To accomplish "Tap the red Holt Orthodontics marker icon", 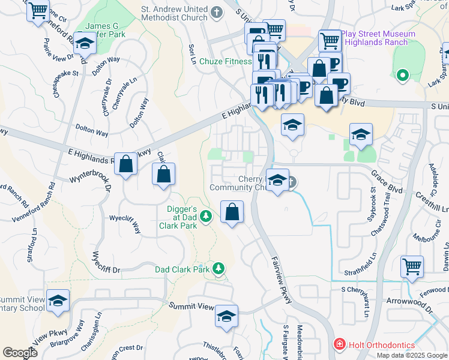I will [x=339, y=345].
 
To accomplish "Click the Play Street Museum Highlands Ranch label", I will [x=374, y=38].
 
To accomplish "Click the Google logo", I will [x=20, y=352].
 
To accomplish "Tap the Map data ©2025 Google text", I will [x=411, y=355].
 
